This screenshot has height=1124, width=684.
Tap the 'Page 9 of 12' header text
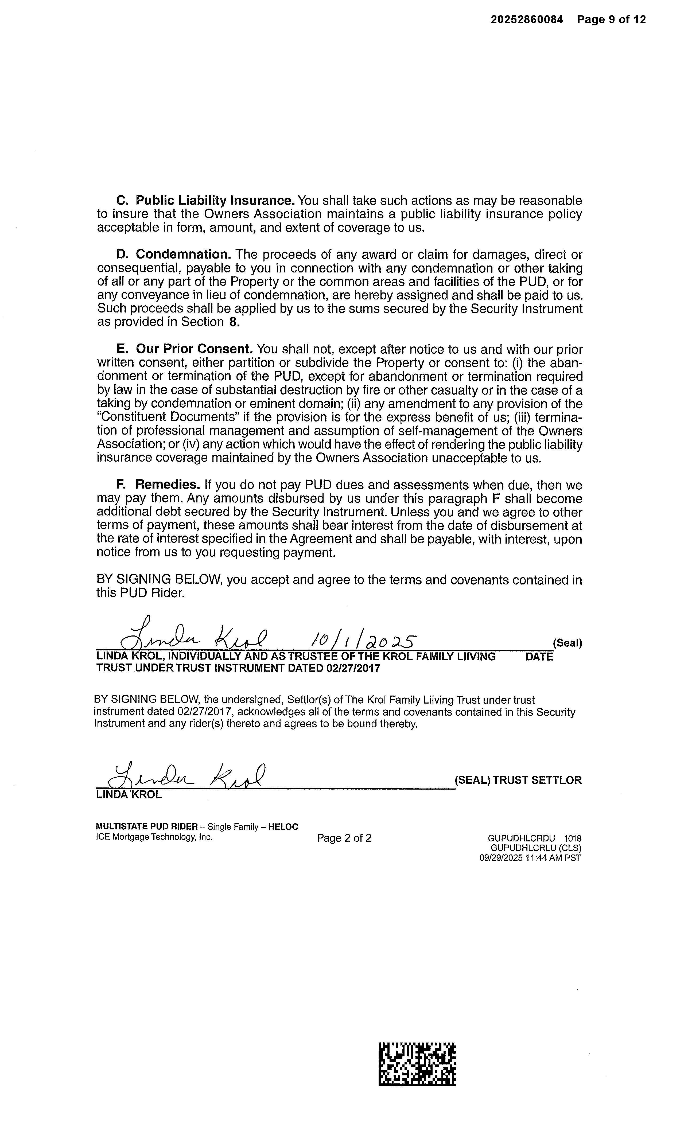[611, 19]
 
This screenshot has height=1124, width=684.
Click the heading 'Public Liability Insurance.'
[215, 201]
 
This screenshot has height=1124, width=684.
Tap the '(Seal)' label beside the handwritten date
[567, 643]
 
